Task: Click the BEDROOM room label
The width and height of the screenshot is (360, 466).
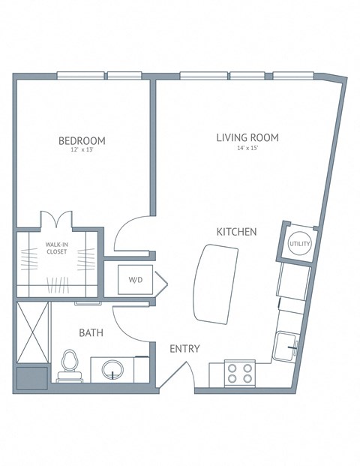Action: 82,140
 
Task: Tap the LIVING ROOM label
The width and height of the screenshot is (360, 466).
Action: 247,137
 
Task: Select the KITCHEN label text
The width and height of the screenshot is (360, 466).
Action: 237,232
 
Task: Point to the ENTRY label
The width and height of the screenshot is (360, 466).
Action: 184,349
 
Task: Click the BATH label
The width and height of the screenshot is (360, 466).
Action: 91,332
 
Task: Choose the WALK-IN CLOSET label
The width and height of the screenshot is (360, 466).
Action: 56,248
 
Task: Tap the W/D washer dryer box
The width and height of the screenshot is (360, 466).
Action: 136,280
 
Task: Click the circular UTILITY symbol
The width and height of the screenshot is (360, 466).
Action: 300,244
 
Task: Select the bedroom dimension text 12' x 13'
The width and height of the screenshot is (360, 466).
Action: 82,151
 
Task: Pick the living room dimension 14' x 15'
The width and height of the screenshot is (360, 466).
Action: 247,149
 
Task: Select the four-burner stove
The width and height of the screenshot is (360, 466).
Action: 240,373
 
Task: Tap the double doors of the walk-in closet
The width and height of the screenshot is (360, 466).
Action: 55,220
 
